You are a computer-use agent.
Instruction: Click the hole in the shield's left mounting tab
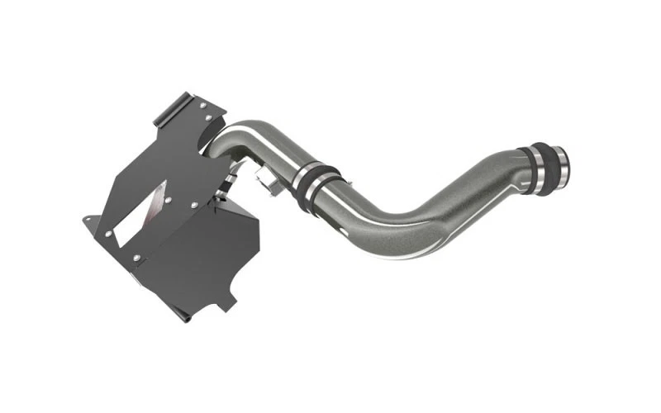(x=89, y=220)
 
